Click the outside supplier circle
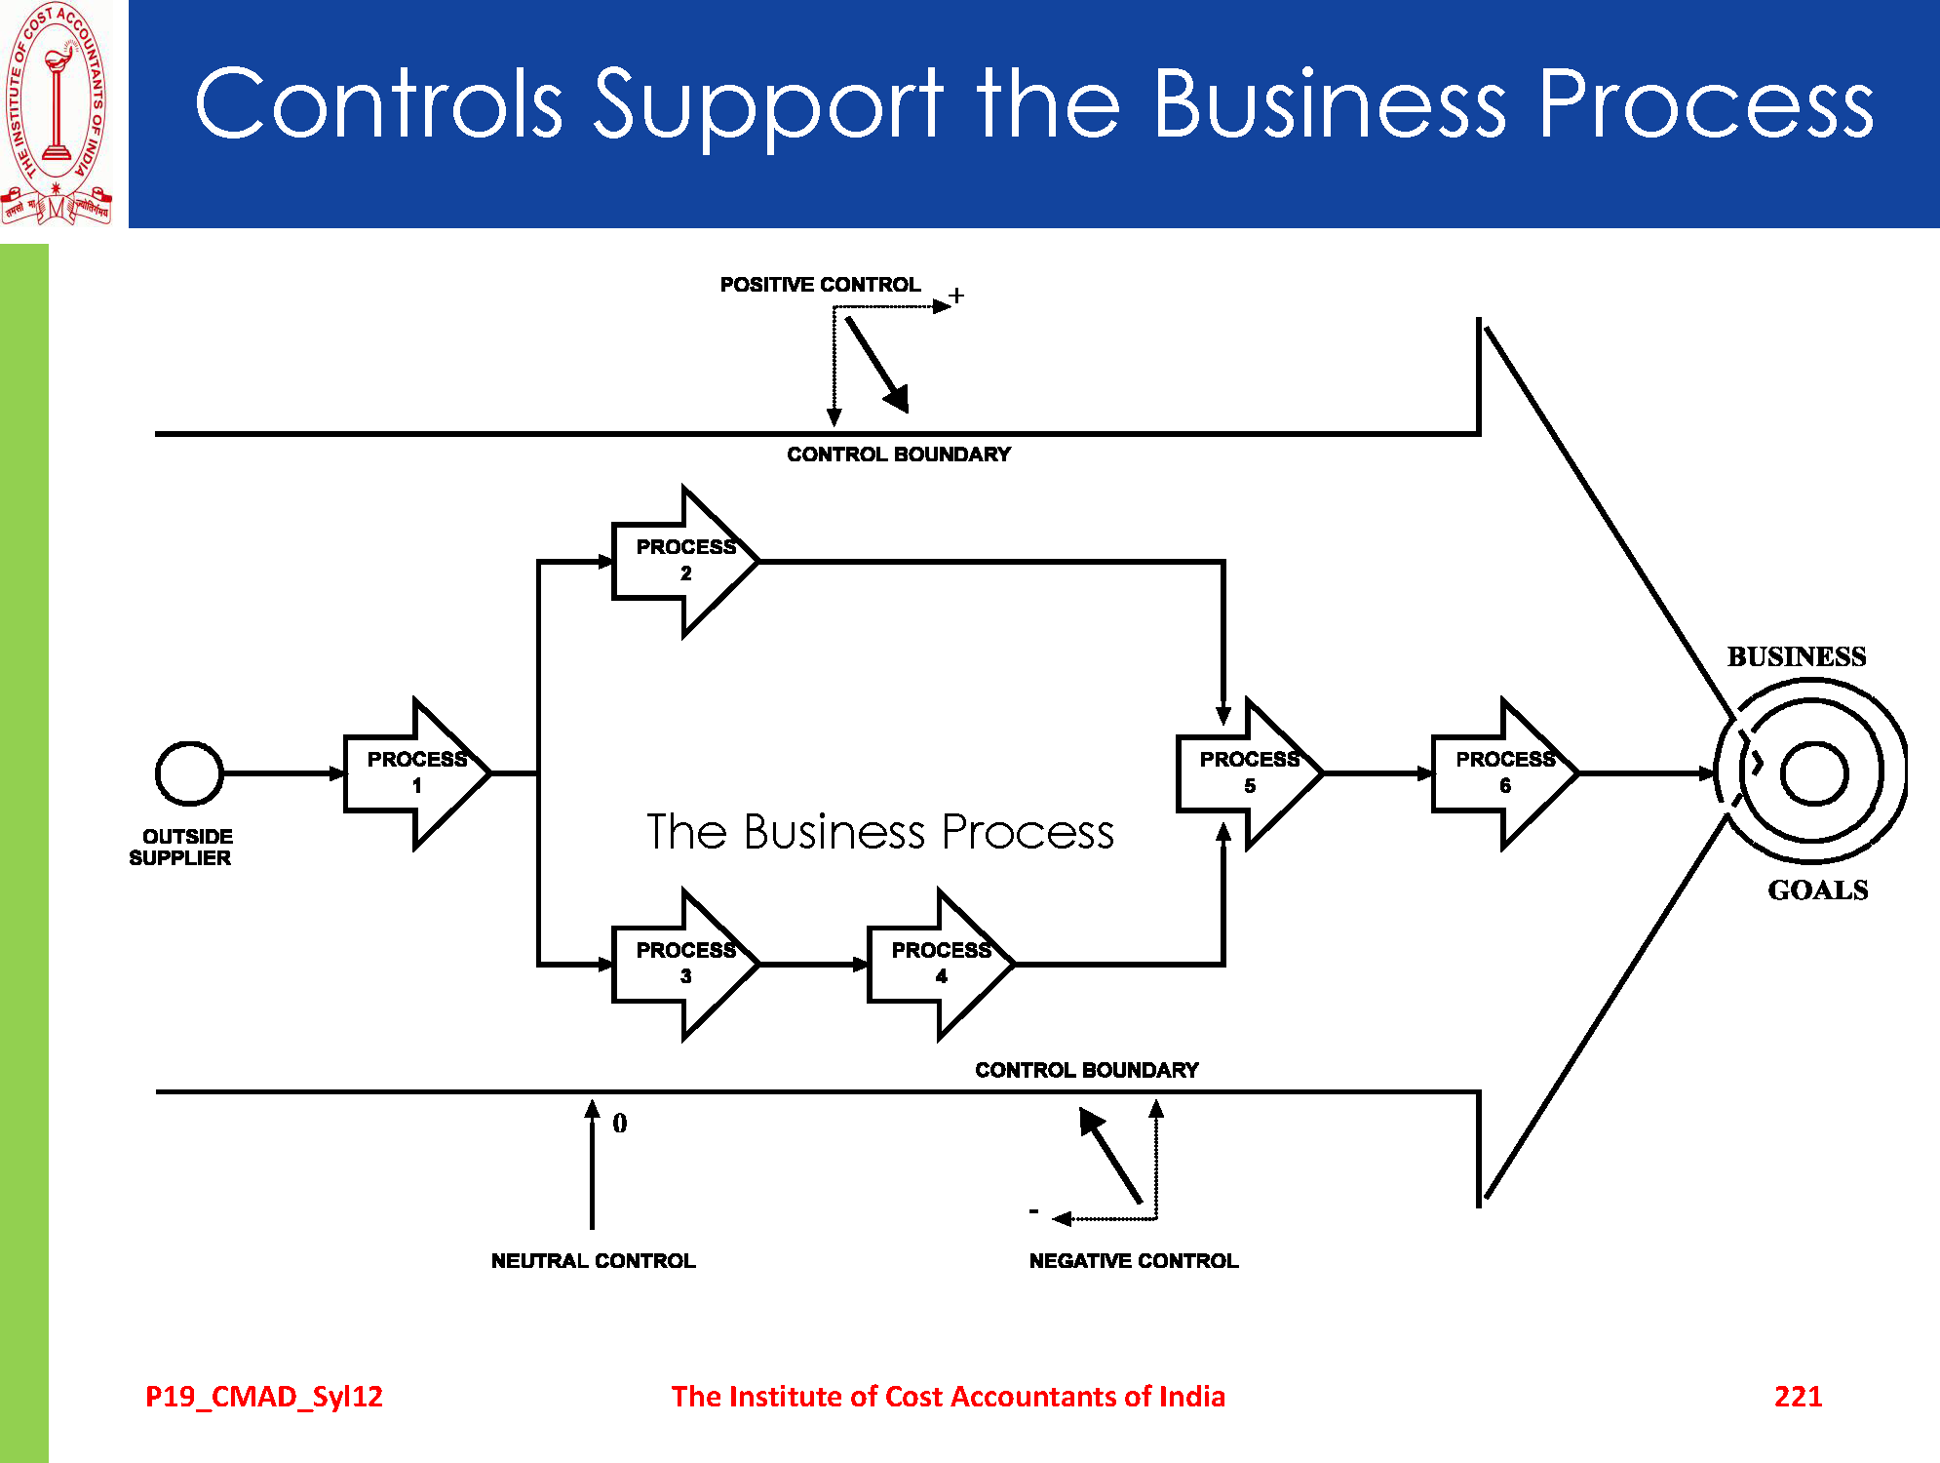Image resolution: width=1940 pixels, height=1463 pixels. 189,773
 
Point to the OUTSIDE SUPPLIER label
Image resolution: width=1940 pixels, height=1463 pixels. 182,847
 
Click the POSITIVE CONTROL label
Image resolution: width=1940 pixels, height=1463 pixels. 820,285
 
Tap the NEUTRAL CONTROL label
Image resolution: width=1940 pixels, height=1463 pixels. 593,1260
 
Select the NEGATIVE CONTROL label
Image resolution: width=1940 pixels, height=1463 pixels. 1134,1260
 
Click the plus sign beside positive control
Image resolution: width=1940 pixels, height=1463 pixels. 956,296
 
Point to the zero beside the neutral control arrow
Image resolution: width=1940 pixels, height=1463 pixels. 620,1124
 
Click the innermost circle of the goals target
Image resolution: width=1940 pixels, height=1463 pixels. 1813,773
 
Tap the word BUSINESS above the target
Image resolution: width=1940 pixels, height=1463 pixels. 1797,656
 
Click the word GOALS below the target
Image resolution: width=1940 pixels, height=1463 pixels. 1818,890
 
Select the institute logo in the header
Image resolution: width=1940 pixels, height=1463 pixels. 57,112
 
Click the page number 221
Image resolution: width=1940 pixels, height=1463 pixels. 1798,1396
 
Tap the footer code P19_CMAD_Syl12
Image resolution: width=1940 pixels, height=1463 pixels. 264,1396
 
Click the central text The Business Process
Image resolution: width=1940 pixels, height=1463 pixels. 880,832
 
